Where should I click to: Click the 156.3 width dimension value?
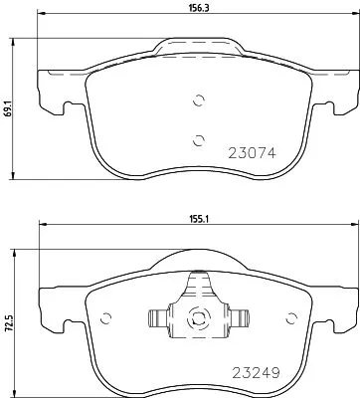click(x=199, y=8)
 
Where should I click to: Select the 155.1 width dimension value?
click(x=199, y=219)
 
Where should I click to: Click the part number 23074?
click(x=252, y=153)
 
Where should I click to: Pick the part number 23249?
click(x=256, y=373)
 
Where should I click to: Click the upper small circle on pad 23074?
click(x=199, y=100)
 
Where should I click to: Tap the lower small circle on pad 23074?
click(x=198, y=140)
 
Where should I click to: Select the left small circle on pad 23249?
click(x=105, y=318)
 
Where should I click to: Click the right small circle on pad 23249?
click(x=291, y=318)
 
